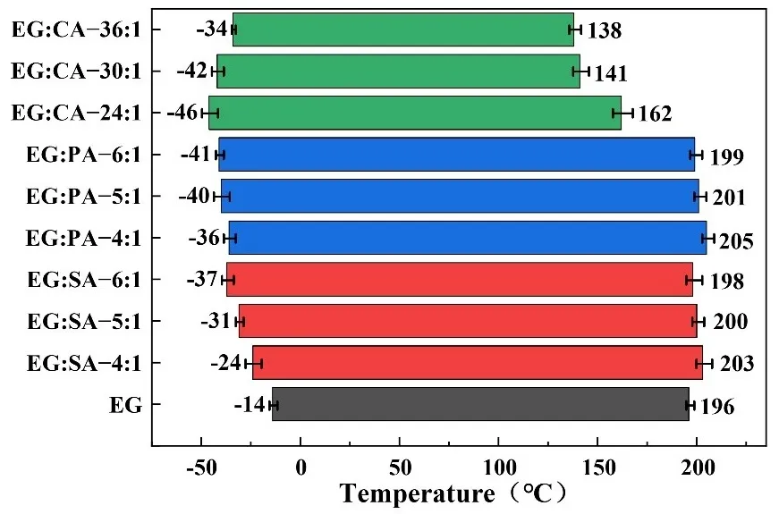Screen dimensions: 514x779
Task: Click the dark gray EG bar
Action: click(480, 404)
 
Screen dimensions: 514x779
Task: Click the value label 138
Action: click(603, 31)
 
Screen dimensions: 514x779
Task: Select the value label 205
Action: click(737, 241)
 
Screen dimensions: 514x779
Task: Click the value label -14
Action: click(250, 405)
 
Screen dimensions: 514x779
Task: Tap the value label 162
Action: click(654, 114)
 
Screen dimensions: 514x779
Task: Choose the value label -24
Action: click(226, 363)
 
